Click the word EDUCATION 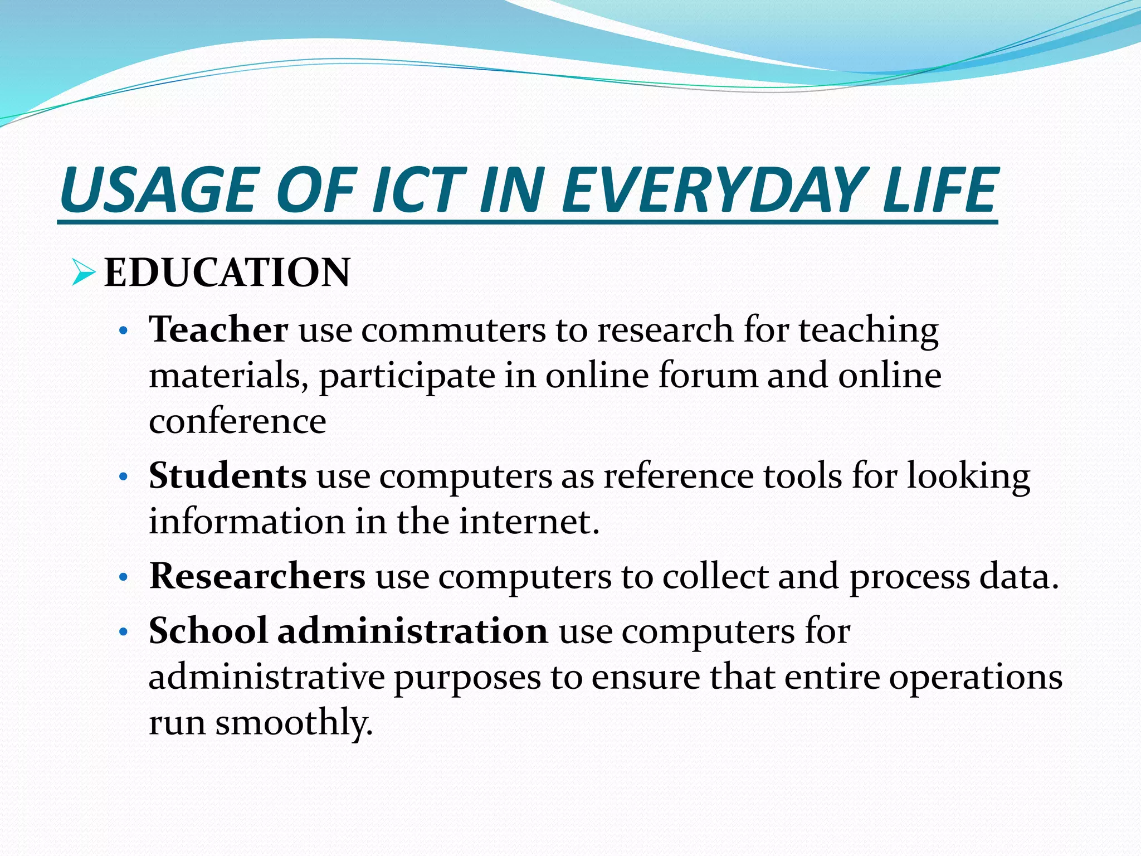[227, 273]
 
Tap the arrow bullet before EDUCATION [83, 274]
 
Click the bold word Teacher [218, 329]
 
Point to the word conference [237, 421]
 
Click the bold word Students [227, 476]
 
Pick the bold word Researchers [257, 576]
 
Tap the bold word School [208, 631]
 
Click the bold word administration [413, 631]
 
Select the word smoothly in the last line [294, 723]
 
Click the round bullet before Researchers [124, 578]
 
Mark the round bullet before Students [124, 478]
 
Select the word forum [708, 375]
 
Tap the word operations [975, 678]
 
